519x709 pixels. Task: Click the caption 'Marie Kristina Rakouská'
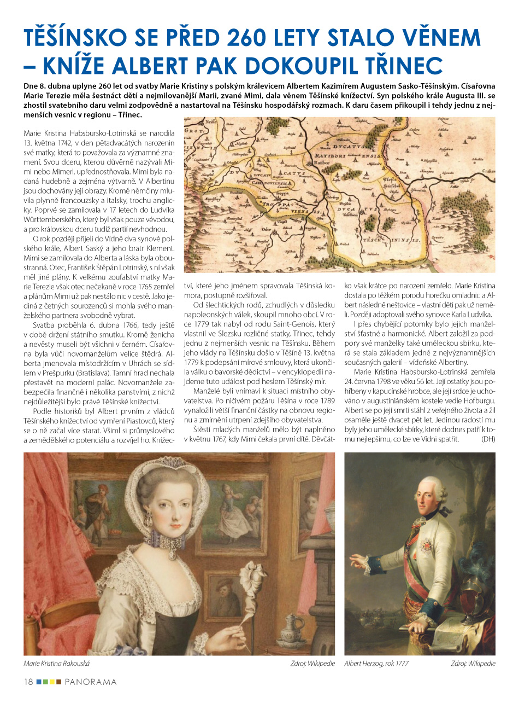[57, 664]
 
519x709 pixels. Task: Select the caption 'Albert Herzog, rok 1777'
[376, 664]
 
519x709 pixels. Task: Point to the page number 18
[28, 682]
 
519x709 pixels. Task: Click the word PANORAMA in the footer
[91, 682]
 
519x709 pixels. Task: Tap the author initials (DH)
[488, 439]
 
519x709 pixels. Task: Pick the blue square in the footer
[39, 682]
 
